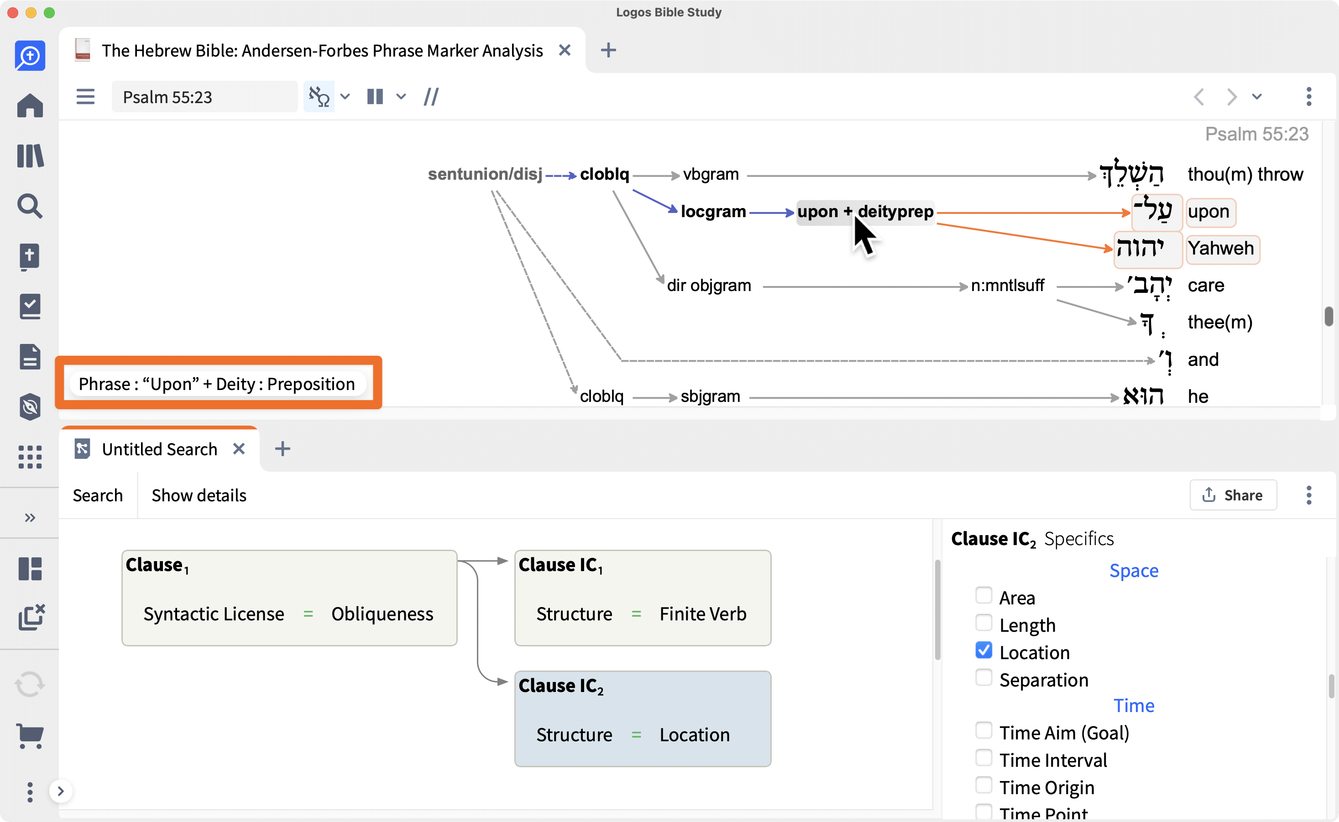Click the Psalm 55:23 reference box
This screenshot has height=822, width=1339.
[x=204, y=97]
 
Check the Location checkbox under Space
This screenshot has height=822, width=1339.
[x=983, y=650]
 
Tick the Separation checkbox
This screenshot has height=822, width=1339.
[x=983, y=677]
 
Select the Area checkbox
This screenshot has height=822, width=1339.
[x=983, y=595]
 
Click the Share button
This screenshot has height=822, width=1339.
[x=1233, y=495]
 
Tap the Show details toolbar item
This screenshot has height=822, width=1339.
[x=199, y=495]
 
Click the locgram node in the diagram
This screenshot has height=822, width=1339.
[x=713, y=212]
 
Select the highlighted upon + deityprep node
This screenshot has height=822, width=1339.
[x=865, y=212]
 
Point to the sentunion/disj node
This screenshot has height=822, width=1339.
[x=485, y=174]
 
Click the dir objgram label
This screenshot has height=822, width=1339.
[x=709, y=286]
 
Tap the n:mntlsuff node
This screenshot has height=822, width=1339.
[x=1007, y=286]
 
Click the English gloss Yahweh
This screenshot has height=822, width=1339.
[x=1221, y=249]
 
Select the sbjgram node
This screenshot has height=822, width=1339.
[x=710, y=396]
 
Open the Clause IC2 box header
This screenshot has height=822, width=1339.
[x=561, y=686]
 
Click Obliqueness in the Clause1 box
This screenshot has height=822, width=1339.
[x=382, y=614]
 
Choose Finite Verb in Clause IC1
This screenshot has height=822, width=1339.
[x=703, y=614]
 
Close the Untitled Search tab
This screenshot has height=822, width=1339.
[x=239, y=449]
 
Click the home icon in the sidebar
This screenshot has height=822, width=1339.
[x=30, y=105]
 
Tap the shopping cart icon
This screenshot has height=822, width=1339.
[x=30, y=736]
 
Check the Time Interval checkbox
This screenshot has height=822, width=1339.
[x=983, y=758]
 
